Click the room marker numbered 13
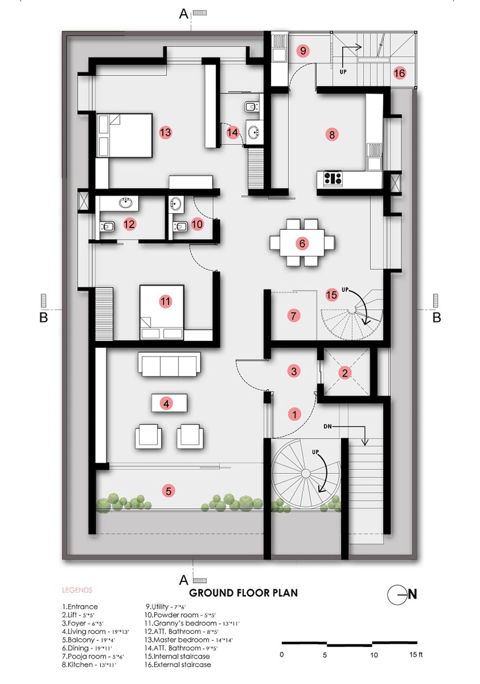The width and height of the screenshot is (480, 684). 165,132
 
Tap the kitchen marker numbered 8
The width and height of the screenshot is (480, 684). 332,135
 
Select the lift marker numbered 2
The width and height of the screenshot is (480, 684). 345,373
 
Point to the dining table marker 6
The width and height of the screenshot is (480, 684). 302,243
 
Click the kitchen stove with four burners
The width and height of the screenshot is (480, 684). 333,178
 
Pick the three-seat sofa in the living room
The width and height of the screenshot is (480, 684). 169,364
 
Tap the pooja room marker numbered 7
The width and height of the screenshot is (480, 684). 294,316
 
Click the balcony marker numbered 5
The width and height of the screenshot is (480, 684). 168,491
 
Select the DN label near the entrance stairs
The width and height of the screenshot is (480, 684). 328,426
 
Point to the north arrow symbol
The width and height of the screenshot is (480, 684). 402,594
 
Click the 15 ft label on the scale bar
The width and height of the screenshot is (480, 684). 416,654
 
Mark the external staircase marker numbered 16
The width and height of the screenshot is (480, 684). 399,73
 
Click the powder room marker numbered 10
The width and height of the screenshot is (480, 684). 197,224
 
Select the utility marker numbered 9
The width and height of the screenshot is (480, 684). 303,50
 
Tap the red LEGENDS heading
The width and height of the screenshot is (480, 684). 77,590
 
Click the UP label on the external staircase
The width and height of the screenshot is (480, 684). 343,72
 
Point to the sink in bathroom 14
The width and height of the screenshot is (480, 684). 253,133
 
